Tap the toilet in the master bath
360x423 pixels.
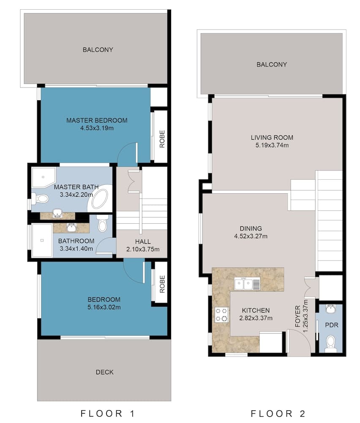click(x=39, y=198)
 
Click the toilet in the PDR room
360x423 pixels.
click(x=331, y=343)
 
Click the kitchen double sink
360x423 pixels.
click(x=247, y=283)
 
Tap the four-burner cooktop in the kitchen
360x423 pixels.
click(x=221, y=314)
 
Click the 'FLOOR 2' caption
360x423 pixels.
click(x=278, y=413)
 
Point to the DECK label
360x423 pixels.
click(x=104, y=372)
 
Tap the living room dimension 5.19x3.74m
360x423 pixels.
click(x=271, y=146)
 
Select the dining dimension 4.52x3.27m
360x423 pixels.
click(x=251, y=236)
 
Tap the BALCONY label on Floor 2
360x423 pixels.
click(x=272, y=65)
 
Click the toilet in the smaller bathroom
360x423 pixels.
click(x=102, y=224)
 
